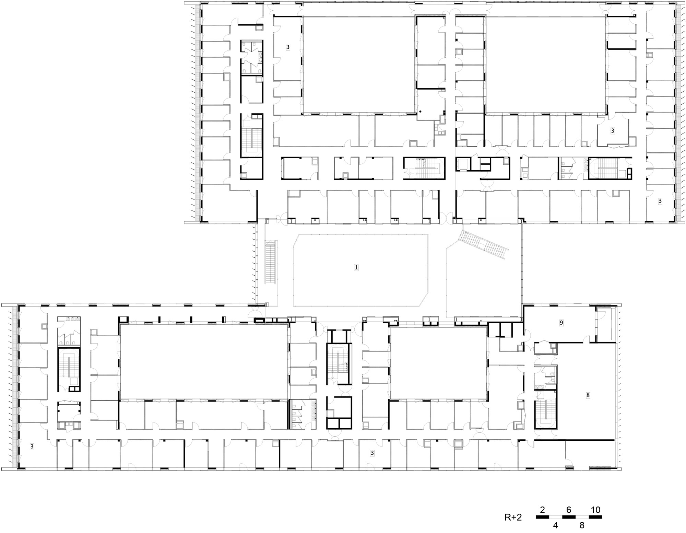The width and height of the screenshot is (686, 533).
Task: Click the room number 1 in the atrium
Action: [356, 267]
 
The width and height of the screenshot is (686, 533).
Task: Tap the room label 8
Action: [588, 395]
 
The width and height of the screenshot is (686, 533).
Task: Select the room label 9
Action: [561, 323]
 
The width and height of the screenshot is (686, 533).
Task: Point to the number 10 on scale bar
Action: [595, 510]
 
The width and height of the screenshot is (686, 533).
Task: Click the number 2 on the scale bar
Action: [543, 510]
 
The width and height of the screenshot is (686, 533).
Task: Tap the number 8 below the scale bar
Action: [582, 525]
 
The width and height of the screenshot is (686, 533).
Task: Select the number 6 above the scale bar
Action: [569, 510]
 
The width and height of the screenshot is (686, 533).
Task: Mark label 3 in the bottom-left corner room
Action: [32, 447]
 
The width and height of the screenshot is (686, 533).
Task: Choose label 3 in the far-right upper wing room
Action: [660, 201]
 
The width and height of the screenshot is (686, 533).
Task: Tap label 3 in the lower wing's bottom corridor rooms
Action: [372, 453]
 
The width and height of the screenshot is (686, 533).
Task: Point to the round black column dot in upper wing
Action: [420, 112]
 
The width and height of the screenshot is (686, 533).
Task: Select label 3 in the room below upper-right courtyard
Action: [613, 130]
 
